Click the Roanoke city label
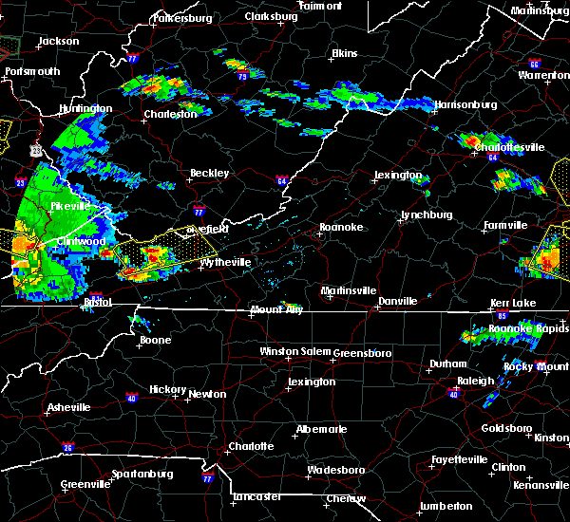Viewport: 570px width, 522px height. [339, 228]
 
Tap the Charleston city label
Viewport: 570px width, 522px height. [170, 114]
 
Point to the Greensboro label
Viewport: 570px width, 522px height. [362, 353]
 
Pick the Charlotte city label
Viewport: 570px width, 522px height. [250, 446]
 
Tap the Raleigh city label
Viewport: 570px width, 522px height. [475, 381]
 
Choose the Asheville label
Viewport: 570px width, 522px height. [69, 408]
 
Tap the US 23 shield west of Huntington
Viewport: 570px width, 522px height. [36, 149]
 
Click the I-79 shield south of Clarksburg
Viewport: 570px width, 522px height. [242, 76]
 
